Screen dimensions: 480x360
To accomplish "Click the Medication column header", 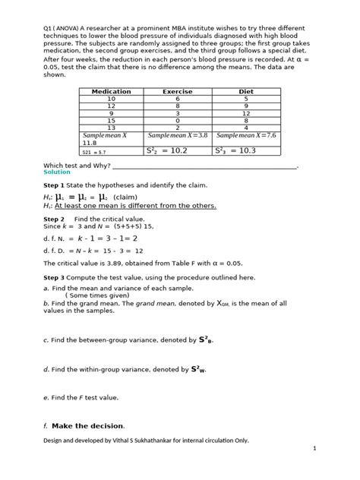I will pyautogui.click(x=112, y=91).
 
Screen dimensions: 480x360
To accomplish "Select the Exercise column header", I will pyautogui.click(x=178, y=91).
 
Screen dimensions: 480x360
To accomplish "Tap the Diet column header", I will pyautogui.click(x=246, y=91).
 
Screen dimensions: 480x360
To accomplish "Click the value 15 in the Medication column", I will pyautogui.click(x=112, y=120).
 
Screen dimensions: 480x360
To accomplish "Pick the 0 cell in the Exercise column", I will pyautogui.click(x=178, y=120).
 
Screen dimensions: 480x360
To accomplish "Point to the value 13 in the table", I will pyautogui.click(x=112, y=128).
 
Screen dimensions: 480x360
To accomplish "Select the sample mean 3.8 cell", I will pyautogui.click(x=178, y=136).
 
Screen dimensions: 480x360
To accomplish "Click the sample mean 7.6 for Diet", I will pyautogui.click(x=246, y=136).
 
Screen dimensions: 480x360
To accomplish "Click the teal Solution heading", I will pyautogui.click(x=57, y=172).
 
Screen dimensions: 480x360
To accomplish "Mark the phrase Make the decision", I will pyautogui.click(x=88, y=425).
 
